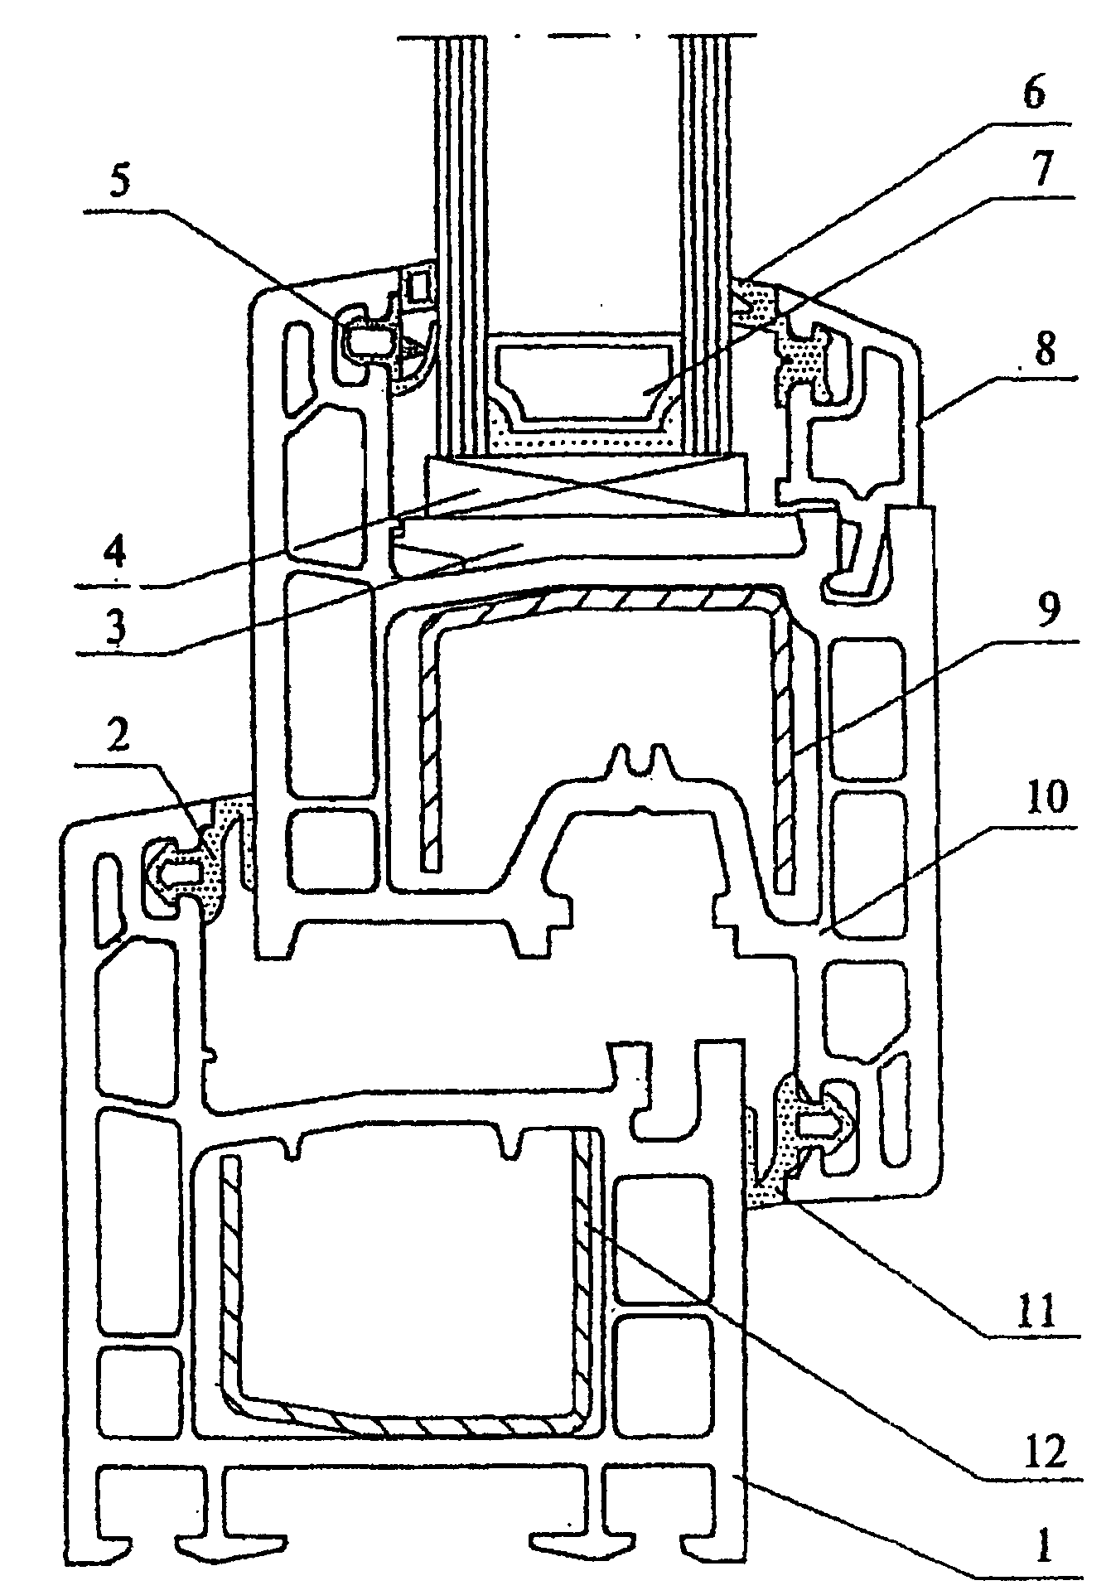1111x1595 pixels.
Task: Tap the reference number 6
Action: click(1033, 94)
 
